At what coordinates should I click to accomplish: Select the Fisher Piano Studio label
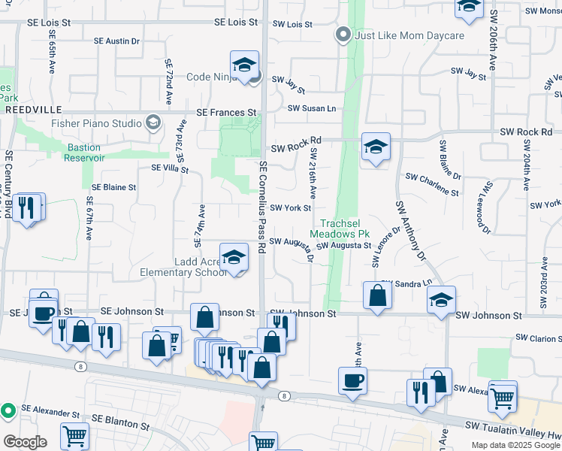click(x=96, y=123)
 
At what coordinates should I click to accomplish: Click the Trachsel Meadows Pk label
click(x=346, y=229)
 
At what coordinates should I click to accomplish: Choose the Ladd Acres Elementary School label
click(x=183, y=266)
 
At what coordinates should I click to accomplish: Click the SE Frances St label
click(x=226, y=112)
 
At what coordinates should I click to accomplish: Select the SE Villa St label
click(x=170, y=168)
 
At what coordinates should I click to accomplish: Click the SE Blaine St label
click(x=113, y=187)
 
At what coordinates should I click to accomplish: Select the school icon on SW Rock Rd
click(x=376, y=147)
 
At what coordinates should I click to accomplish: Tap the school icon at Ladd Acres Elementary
click(x=234, y=258)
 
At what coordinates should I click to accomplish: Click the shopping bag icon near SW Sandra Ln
click(x=376, y=295)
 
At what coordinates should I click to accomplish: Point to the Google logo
click(x=25, y=441)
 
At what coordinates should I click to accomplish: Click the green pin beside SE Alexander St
click(x=8, y=410)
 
